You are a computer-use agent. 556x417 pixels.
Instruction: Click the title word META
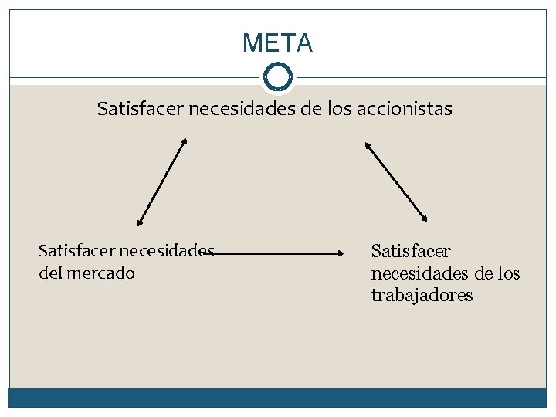point(277,43)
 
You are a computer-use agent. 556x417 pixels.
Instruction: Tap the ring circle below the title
point(277,76)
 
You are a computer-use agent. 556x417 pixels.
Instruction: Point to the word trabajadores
point(422,296)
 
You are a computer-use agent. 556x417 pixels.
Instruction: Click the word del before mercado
point(52,273)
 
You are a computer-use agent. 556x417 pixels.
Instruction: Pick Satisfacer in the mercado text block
point(76,251)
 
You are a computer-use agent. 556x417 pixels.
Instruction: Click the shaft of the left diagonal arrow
point(162,182)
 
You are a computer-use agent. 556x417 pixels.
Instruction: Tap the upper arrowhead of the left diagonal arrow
point(185,141)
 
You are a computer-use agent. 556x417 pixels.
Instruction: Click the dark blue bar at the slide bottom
point(277,397)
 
